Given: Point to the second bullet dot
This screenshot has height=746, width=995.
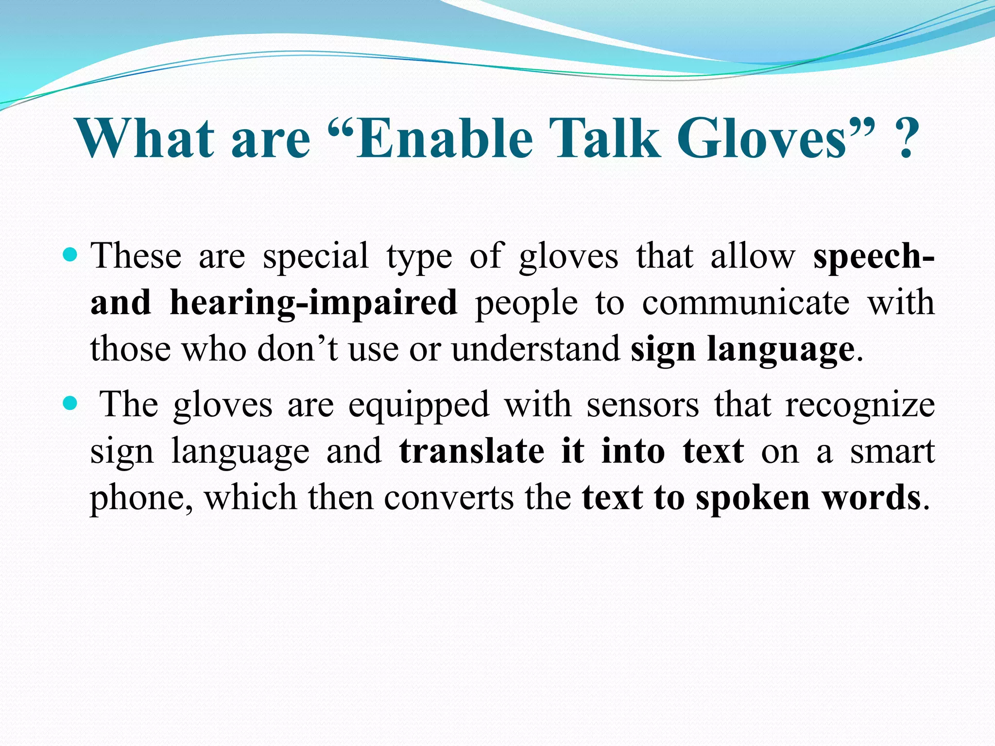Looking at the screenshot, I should point(70,403).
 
